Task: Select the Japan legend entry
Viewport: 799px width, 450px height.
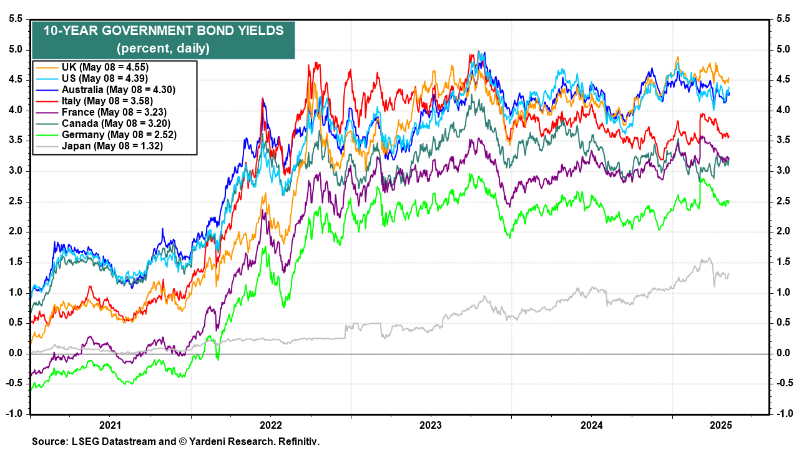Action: [112, 146]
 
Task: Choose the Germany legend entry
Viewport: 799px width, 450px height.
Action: [119, 135]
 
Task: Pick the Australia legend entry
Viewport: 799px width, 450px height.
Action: [119, 89]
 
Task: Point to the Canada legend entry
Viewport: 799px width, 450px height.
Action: [115, 123]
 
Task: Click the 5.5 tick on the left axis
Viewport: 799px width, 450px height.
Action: [16, 19]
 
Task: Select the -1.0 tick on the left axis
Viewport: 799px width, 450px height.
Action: [14, 414]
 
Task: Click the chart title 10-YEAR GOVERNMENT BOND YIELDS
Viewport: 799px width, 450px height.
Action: [164, 31]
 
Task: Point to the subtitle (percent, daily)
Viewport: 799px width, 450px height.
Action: [164, 47]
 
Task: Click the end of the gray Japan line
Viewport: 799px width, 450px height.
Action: [728, 273]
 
